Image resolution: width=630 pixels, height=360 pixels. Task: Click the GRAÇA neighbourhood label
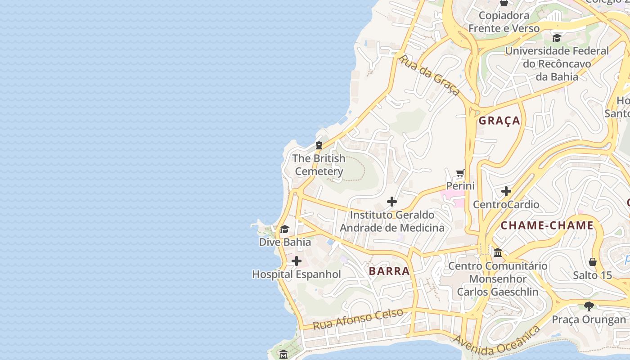(x=499, y=121)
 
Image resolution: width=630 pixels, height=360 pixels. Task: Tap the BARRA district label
(x=389, y=271)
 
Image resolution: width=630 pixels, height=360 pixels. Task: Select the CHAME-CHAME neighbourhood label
(x=547, y=225)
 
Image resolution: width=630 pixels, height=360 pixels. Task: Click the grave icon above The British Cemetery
(x=319, y=145)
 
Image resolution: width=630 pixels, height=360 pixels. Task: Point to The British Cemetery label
(x=319, y=165)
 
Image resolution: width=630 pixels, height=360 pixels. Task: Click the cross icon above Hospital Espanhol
(x=296, y=261)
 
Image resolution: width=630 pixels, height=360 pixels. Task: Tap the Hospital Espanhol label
(x=297, y=274)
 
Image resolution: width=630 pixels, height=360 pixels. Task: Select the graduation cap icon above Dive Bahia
(x=284, y=229)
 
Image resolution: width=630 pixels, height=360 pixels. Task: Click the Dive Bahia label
(x=285, y=242)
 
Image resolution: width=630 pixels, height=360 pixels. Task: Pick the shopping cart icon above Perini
(x=460, y=173)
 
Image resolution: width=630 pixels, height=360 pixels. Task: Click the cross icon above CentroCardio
(x=506, y=191)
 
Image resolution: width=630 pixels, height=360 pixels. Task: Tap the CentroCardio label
(x=506, y=204)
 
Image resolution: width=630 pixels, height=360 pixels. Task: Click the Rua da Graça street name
(x=429, y=76)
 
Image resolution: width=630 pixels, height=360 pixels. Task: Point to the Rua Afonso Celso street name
(x=358, y=319)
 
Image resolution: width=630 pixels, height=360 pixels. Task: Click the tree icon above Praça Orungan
(x=589, y=306)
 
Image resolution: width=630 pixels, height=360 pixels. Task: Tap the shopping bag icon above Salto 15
(x=593, y=262)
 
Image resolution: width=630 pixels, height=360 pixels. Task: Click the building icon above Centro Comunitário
(x=498, y=253)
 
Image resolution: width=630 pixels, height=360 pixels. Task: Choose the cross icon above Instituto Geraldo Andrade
(x=392, y=202)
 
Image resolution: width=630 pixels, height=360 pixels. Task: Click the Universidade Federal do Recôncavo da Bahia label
(x=557, y=63)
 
